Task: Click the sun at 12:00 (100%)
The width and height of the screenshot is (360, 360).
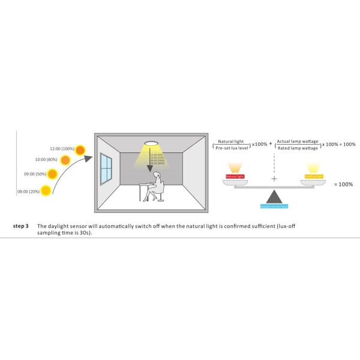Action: (79, 149)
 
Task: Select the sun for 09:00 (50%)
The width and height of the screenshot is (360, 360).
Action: (53, 175)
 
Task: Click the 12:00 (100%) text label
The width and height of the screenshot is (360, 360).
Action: (62, 148)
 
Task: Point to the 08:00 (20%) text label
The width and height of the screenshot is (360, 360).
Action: (28, 191)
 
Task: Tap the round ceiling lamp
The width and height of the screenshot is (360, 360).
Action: (151, 145)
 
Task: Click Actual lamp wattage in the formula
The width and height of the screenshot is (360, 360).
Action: (298, 140)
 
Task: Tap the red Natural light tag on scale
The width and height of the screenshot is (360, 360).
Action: (235, 176)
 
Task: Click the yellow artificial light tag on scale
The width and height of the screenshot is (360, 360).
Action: (314, 176)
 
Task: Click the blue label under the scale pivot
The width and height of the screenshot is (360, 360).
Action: (274, 206)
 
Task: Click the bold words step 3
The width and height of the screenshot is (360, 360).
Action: (21, 226)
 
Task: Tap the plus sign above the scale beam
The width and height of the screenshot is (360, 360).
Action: (274, 179)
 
